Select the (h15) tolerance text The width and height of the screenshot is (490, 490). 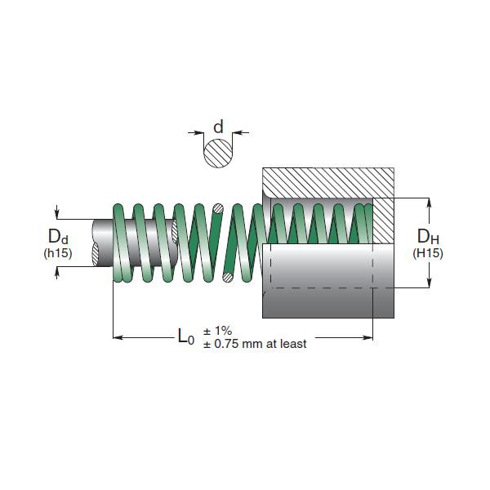tap(58, 253)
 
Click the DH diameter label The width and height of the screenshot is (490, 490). tap(428, 237)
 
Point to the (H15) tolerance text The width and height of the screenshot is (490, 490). tap(428, 253)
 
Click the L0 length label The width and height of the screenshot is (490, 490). tap(186, 336)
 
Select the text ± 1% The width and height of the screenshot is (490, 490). tap(218, 331)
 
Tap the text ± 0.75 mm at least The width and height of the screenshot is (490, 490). tap(255, 344)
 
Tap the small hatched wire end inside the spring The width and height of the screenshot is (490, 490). tap(217, 209)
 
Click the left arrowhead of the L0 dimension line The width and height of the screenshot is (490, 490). tap(117, 336)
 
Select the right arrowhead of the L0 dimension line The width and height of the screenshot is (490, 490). tap(368, 336)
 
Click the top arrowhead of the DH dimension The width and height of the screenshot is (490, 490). tap(428, 201)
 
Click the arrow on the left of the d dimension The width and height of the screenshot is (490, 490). tap(196, 131)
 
